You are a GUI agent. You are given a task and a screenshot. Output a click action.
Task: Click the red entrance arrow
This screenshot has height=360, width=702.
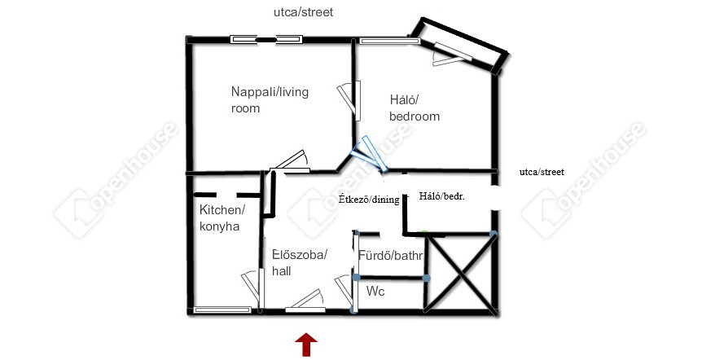(x=305, y=345)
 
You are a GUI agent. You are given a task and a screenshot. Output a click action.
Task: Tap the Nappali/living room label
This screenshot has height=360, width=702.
(x=270, y=100)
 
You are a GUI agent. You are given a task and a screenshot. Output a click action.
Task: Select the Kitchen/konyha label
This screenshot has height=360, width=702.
(x=222, y=217)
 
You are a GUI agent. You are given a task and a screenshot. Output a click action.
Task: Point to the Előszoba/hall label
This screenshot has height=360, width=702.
(x=300, y=263)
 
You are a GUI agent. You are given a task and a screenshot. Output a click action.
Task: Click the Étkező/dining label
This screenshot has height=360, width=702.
(x=368, y=200)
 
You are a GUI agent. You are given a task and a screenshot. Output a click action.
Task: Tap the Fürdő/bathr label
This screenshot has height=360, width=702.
(x=390, y=256)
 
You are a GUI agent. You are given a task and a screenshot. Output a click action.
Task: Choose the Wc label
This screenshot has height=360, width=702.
(x=375, y=292)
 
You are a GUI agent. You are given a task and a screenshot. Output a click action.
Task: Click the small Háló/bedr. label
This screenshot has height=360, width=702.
(x=441, y=196)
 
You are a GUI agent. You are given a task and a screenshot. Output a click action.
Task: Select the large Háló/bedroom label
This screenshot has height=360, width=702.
(x=415, y=108)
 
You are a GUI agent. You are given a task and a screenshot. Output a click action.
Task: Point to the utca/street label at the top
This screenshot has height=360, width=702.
(x=303, y=12)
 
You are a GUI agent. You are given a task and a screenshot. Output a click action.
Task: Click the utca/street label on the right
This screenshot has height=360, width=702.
(x=542, y=172)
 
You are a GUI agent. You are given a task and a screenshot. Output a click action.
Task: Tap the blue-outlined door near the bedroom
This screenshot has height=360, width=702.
(x=370, y=154)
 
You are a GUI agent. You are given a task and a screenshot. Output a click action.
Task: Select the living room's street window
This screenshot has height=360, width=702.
(x=266, y=39)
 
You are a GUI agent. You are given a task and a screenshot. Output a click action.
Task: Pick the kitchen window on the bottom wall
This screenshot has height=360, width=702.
(x=222, y=310)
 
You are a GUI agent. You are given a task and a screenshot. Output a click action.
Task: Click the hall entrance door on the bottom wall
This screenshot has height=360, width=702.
(x=305, y=301)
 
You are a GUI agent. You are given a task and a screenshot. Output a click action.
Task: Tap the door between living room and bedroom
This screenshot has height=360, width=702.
(x=349, y=100)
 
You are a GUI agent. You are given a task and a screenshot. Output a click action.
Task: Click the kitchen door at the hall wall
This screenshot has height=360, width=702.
(x=253, y=288)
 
